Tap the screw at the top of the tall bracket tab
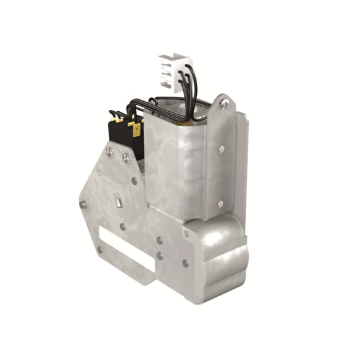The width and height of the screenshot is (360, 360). coord(224,105)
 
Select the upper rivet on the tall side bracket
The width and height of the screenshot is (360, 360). coord(220,149)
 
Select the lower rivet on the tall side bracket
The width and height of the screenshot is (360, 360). coord(220,203)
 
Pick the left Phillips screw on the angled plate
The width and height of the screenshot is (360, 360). coord(110,152)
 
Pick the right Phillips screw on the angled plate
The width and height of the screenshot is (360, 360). coord(127,158)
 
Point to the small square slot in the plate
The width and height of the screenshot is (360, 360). coord(118,202)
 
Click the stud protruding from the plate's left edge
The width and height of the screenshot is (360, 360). coord(83,204)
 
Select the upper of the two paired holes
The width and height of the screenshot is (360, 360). coord(160,241)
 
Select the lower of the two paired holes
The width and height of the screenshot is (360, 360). coord(159,256)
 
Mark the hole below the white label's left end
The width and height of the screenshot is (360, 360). coord(99,249)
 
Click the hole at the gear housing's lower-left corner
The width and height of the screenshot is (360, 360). coord(185,263)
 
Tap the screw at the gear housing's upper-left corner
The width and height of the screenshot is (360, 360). coord(186,234)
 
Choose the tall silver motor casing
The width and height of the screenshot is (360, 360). coord(180,164)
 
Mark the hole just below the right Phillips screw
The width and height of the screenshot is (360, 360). coord(134,181)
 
